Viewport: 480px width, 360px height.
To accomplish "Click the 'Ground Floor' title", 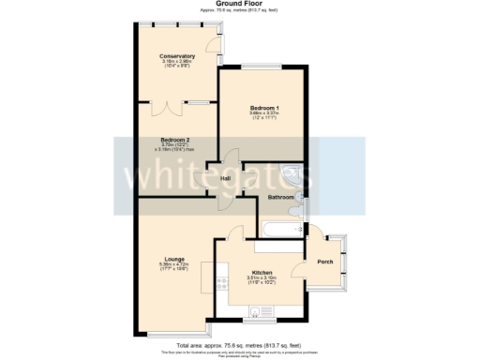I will [239, 4].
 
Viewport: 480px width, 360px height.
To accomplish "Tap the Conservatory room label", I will [176, 56].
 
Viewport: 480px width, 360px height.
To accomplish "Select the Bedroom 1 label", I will [263, 108].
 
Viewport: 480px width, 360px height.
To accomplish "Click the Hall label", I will [225, 178].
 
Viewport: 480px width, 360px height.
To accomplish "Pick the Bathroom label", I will [281, 198].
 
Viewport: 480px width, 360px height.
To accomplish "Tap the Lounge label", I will [174, 259].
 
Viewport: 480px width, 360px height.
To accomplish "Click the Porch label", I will [324, 262].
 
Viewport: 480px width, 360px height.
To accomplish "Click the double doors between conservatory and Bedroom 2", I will [175, 99].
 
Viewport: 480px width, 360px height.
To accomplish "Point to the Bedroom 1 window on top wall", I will [262, 66].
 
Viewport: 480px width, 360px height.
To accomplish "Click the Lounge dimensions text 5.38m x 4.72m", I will [174, 265].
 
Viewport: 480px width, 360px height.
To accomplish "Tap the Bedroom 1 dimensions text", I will [263, 115].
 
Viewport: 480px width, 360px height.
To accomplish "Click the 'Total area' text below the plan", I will [239, 343].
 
